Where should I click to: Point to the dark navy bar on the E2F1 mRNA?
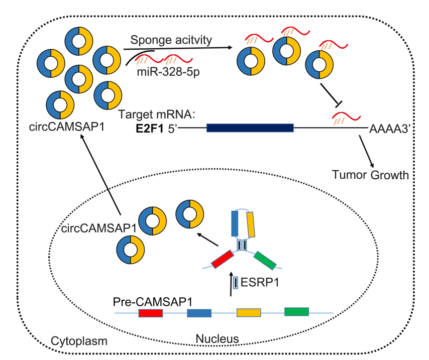[x=250, y=129]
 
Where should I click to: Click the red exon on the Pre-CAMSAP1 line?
[x=151, y=313]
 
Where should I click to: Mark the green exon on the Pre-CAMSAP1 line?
[x=296, y=311]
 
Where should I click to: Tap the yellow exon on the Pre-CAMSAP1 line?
[x=249, y=313]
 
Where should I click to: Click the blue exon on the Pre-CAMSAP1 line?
[x=199, y=313]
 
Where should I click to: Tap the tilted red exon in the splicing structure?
[x=222, y=258]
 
